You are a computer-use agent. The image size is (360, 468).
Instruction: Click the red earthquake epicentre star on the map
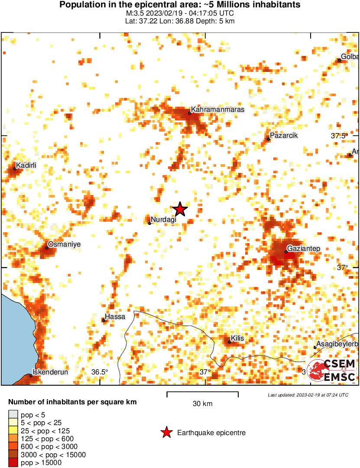coord(180,209)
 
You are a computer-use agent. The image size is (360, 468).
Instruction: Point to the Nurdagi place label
coord(164,220)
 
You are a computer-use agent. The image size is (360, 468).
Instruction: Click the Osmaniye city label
coord(64,244)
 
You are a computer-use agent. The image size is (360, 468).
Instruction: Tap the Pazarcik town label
coord(284,136)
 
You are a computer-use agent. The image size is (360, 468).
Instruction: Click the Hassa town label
coord(116,317)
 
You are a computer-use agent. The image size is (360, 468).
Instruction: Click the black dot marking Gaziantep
coord(286,252)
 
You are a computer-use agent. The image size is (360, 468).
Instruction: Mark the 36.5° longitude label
coord(100,372)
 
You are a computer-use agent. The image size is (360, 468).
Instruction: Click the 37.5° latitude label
coord(339,136)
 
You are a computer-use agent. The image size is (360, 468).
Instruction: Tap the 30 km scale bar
coord(202,394)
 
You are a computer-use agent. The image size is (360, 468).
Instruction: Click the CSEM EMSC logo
coord(331,370)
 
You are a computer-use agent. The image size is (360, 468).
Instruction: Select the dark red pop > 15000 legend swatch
coord(13,463)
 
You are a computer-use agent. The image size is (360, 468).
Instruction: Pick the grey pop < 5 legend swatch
coord(13,414)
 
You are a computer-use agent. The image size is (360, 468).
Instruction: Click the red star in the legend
coord(166,432)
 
